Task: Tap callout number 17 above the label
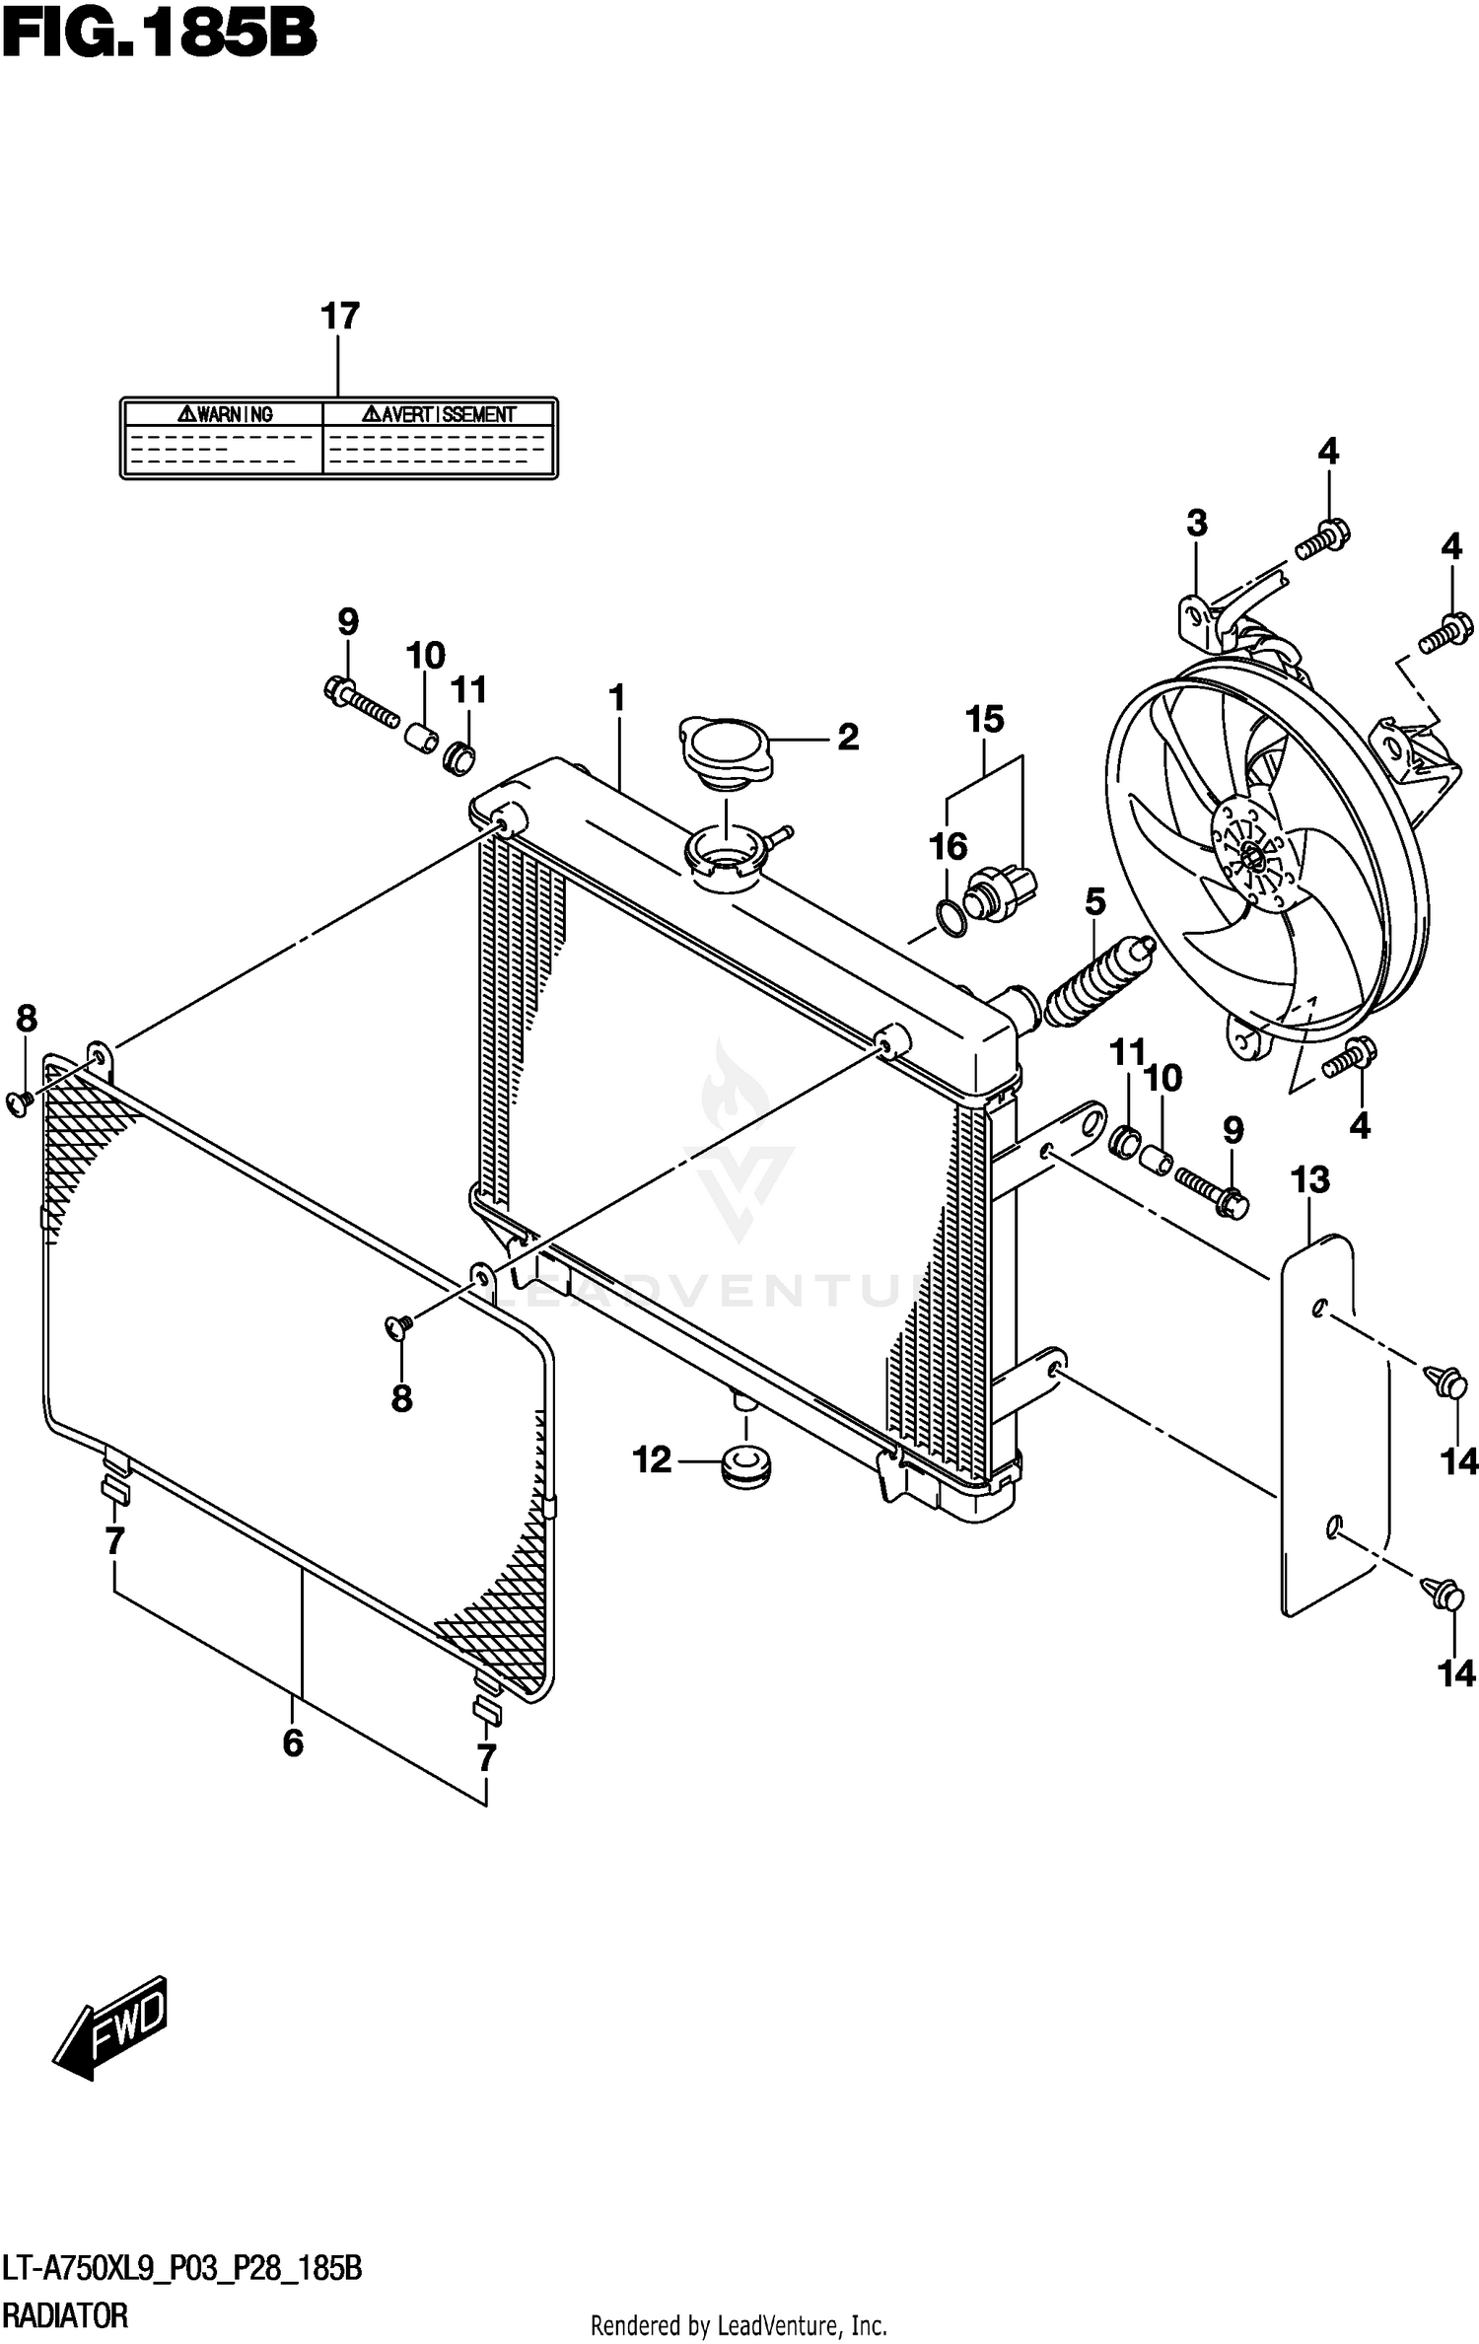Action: click(339, 317)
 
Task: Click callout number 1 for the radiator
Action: click(617, 699)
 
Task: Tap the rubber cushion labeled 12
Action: click(745, 1465)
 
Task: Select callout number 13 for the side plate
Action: click(1310, 1179)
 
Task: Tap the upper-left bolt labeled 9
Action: click(360, 699)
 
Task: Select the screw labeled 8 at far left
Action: click(19, 1102)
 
